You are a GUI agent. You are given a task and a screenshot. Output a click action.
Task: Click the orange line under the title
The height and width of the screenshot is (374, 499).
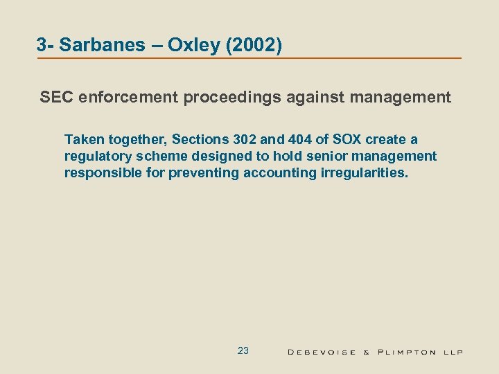pyautogui.click(x=249, y=58)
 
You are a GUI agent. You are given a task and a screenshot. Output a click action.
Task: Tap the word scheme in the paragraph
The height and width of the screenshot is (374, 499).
pyautogui.click(x=157, y=157)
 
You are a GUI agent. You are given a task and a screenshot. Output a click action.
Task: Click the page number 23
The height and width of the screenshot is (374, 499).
pyautogui.click(x=243, y=350)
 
